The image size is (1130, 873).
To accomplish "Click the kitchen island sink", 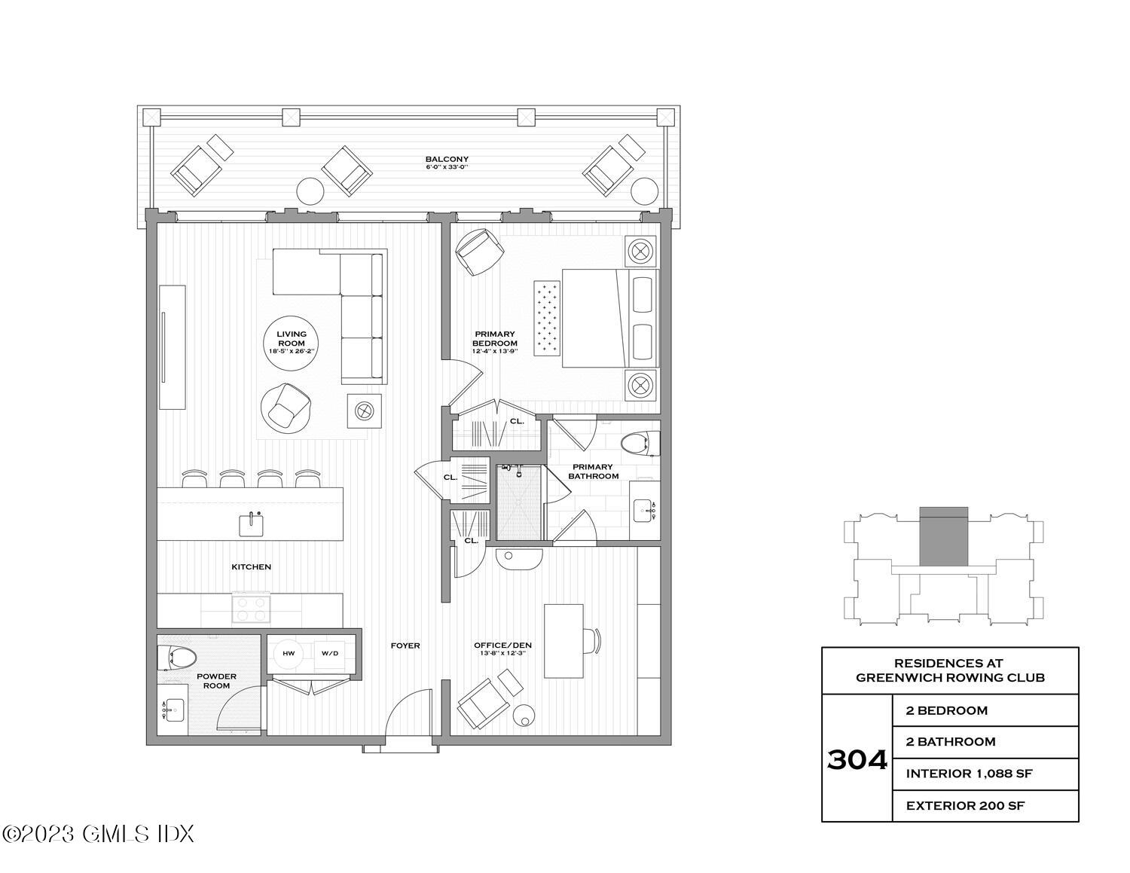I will point(251,524).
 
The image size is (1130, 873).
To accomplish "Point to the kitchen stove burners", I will point(251,608).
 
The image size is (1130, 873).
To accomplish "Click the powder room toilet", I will point(177,659).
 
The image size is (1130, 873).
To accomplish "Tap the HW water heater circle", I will point(289,653).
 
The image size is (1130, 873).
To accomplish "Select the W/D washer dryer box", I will point(330,653).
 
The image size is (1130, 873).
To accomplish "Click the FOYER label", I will point(405,646).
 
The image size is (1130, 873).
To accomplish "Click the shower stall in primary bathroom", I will point(519,502).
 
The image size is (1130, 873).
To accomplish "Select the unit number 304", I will point(857,759).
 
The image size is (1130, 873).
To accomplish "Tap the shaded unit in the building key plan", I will point(943,536).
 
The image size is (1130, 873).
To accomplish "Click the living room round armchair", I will point(283,408).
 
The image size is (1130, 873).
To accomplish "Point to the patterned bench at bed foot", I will point(548,318).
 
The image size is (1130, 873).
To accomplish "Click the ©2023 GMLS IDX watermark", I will point(98,834).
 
